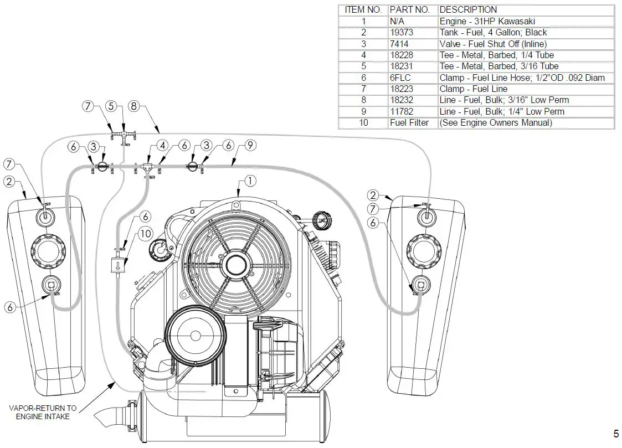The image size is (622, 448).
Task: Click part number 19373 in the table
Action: (402, 33)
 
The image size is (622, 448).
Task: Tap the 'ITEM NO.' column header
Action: (363, 10)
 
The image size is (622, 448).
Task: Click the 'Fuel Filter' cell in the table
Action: (409, 123)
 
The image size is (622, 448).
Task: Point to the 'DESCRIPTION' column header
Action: (468, 10)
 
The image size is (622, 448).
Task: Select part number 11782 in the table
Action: (401, 111)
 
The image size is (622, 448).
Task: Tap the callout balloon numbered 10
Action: (145, 234)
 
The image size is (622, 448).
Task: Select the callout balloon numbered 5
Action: (111, 106)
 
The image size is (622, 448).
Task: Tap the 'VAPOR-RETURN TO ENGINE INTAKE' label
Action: (43, 412)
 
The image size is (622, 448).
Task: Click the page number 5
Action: (616, 434)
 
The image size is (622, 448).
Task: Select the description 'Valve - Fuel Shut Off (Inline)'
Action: (493, 44)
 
